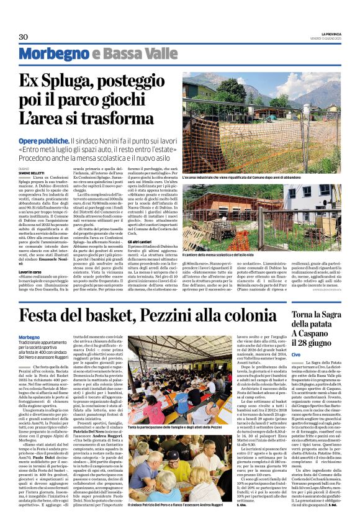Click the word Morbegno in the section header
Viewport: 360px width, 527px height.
[53, 55]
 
